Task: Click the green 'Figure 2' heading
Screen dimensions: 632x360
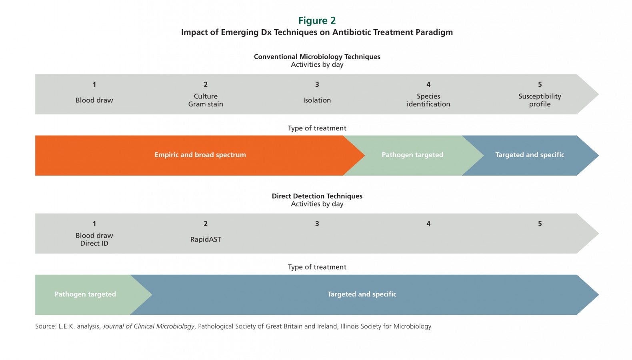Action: (x=317, y=20)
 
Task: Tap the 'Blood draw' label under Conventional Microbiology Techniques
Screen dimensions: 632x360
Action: (x=94, y=100)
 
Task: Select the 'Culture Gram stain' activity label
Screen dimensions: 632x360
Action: (x=206, y=100)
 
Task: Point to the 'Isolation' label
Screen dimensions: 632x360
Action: (x=317, y=100)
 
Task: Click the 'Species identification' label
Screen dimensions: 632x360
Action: (x=428, y=100)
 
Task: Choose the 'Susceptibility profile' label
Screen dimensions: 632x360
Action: (x=540, y=100)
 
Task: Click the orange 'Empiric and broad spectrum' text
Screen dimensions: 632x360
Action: (x=200, y=155)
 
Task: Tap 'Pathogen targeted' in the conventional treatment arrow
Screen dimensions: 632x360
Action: (x=412, y=155)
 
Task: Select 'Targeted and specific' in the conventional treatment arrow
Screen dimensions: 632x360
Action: (x=530, y=155)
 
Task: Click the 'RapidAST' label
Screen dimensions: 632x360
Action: (x=206, y=239)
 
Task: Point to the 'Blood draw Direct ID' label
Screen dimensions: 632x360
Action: (x=94, y=239)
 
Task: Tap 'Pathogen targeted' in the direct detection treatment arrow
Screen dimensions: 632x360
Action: (x=85, y=294)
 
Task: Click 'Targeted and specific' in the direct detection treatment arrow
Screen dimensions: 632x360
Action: (x=362, y=294)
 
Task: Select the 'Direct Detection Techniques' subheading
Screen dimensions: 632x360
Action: (x=317, y=196)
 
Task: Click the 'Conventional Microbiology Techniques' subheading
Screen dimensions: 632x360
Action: (x=317, y=57)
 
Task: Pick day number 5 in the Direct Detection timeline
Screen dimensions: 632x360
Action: (x=540, y=224)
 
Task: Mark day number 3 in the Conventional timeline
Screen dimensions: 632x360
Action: (x=317, y=84)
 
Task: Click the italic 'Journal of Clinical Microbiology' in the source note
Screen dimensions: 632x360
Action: (x=148, y=326)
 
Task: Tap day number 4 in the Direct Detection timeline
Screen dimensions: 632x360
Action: (x=428, y=224)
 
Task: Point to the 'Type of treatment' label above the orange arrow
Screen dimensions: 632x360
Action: (x=317, y=128)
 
